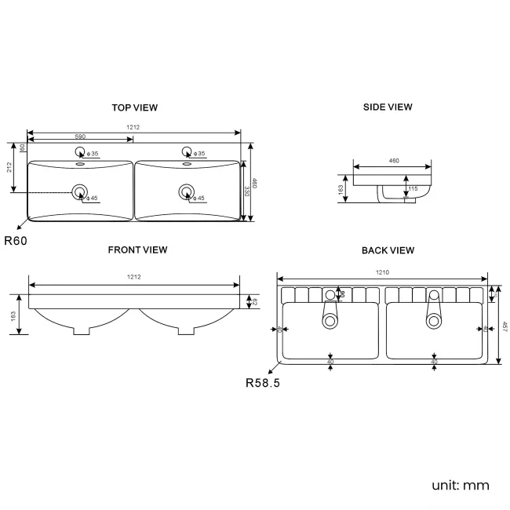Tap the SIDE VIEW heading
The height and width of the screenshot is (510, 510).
pyautogui.click(x=388, y=107)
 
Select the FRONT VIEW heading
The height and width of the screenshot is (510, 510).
pyautogui.click(x=137, y=250)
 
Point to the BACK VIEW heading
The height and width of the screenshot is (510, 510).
pyautogui.click(x=388, y=250)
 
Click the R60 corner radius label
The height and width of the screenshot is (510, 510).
pyautogui.click(x=16, y=241)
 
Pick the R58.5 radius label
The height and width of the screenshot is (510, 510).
pyautogui.click(x=263, y=384)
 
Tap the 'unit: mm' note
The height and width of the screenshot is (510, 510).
pyautogui.click(x=460, y=485)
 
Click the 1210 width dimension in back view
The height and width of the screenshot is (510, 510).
pyautogui.click(x=382, y=272)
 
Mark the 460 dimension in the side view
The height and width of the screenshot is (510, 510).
pyautogui.click(x=393, y=161)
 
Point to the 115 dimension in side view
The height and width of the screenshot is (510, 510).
pyautogui.click(x=412, y=189)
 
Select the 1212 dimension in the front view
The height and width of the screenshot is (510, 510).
pyautogui.click(x=134, y=277)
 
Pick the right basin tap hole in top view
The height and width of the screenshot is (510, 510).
pyautogui.click(x=187, y=152)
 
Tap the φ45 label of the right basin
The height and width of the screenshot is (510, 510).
pyautogui.click(x=199, y=199)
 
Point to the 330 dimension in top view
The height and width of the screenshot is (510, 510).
pyautogui.click(x=246, y=191)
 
